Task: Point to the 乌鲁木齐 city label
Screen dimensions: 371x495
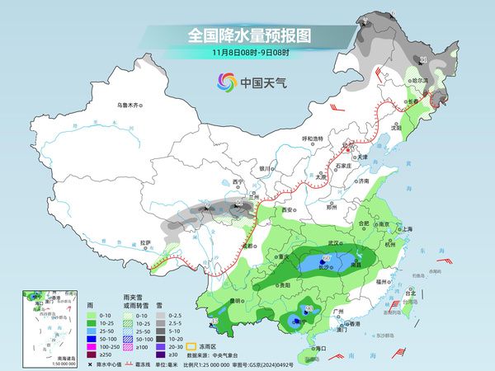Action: point(130,105)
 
